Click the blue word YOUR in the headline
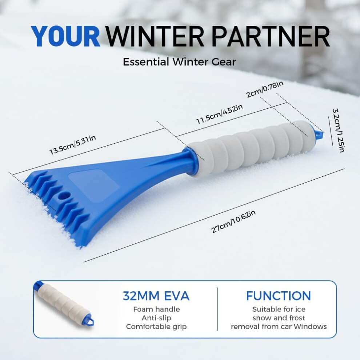66,36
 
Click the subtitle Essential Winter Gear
179,62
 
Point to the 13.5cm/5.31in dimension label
73,145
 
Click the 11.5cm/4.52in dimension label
220,114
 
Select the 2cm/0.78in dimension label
265,89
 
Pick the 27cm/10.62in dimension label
233,221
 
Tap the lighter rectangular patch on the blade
94,185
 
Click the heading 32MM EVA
156,296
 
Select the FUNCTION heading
279,296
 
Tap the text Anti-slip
156,318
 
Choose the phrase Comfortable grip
156,327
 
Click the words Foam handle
156,309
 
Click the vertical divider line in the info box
217,309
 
